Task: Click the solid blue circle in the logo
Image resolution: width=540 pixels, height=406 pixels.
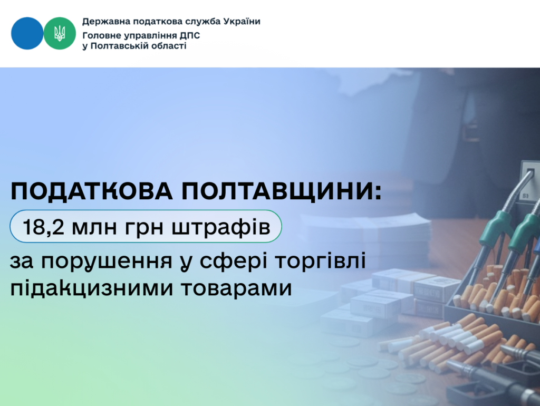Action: coord(27,33)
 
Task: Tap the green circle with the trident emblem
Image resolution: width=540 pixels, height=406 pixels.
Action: coord(60,33)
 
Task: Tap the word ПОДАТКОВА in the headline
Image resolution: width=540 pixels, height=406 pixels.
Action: coord(92,191)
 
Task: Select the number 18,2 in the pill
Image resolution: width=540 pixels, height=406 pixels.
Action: coord(43,227)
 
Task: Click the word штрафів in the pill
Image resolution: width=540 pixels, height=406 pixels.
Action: coord(221,227)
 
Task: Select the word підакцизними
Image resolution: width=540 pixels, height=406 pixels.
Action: coord(91,288)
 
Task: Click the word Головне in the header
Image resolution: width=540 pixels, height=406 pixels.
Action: coord(102,36)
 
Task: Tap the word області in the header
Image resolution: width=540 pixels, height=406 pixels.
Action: coord(169,46)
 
